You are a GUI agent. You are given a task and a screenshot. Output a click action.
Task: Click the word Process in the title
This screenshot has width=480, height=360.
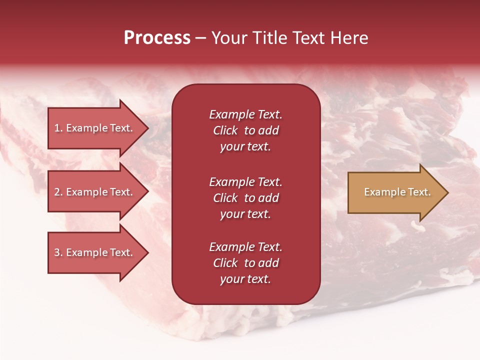click(157, 38)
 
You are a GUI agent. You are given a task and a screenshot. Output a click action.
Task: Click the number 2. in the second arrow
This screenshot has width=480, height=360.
click(58, 192)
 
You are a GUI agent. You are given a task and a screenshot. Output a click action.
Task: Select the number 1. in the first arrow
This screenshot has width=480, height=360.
click(58, 128)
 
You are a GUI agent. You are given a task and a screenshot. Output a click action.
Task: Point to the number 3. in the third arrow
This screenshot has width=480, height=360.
click(58, 252)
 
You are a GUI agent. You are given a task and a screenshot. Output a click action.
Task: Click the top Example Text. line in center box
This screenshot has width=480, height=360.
click(245, 114)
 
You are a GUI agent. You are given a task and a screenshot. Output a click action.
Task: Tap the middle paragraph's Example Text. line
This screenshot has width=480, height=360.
click(245, 182)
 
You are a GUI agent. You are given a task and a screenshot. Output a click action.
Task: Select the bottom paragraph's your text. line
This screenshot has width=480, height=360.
click(245, 279)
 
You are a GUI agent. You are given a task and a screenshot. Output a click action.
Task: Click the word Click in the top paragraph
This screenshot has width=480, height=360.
click(225, 130)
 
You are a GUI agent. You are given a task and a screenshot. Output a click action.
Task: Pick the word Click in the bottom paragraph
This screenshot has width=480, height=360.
click(225, 263)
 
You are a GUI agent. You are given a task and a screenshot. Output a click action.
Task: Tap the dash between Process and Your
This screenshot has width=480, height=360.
click(200, 38)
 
